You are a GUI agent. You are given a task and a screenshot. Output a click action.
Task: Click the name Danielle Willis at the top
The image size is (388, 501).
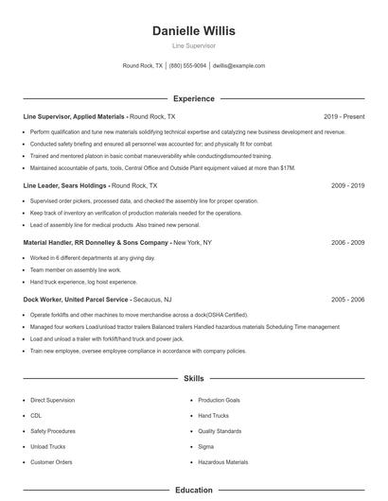point(193,30)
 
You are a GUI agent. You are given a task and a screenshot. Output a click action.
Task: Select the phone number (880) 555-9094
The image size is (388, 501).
point(187,66)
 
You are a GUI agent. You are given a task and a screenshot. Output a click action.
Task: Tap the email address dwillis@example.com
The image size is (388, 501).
point(238,66)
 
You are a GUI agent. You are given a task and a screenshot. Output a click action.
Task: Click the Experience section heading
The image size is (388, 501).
point(193,98)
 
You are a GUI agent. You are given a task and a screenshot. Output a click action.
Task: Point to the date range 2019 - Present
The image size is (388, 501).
point(344,116)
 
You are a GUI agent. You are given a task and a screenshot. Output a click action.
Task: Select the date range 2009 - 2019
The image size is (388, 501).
point(347,186)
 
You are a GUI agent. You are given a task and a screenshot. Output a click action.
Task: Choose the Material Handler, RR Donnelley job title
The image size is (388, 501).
point(96,243)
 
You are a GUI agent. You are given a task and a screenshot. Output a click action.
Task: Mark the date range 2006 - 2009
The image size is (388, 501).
point(347,243)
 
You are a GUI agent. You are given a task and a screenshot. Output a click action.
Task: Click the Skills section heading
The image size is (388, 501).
point(193,378)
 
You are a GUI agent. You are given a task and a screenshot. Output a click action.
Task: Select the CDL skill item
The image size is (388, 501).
point(36,416)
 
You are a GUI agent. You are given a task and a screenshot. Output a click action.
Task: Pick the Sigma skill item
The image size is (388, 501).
point(205,446)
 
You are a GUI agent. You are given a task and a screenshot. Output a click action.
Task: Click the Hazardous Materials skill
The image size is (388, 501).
point(222,462)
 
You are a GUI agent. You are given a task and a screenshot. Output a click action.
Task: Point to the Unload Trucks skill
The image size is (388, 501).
point(46,446)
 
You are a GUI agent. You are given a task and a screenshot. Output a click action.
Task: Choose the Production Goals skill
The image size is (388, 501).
point(219,401)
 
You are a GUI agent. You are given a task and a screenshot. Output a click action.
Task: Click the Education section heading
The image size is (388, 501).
point(193,491)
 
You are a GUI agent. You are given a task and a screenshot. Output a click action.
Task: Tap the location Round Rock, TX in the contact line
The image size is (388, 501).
point(143,66)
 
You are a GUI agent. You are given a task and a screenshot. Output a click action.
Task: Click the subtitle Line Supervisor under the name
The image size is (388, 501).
point(193,44)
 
